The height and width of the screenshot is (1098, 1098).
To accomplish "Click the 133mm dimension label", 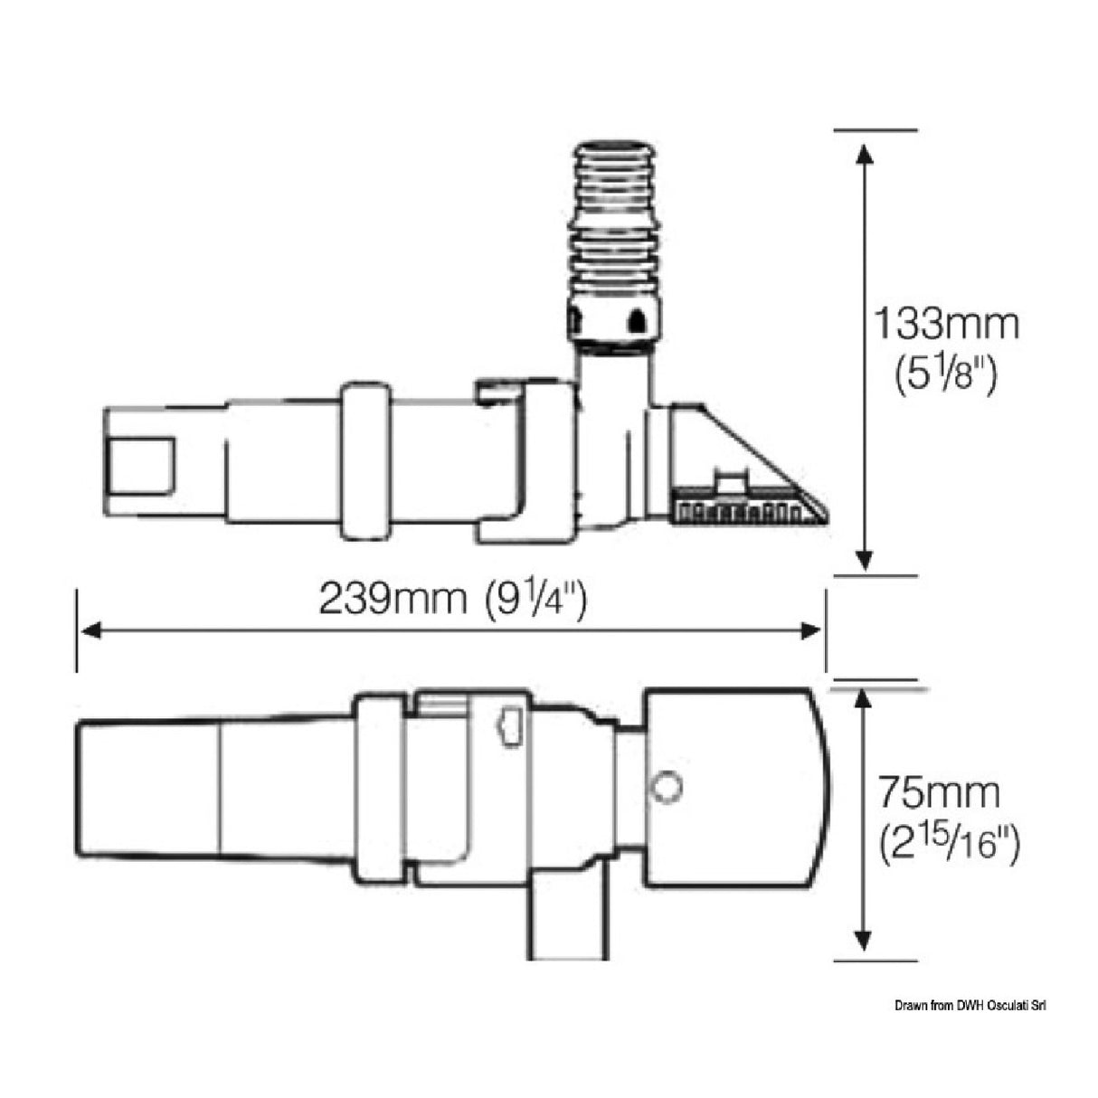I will pyautogui.click(x=945, y=323).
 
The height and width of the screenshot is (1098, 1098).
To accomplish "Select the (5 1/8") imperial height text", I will pyautogui.click(x=946, y=373).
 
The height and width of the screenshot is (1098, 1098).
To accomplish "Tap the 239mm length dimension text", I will pyautogui.click(x=392, y=598).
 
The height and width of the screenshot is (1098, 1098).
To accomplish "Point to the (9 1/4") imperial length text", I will pyautogui.click(x=535, y=598).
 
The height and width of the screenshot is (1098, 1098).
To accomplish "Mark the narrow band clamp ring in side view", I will pyautogui.click(x=364, y=461).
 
